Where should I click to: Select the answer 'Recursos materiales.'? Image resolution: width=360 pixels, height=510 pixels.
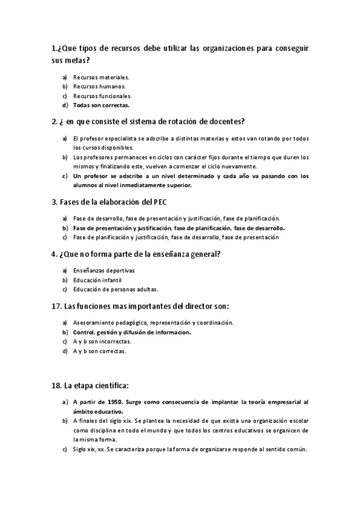coord(102,77)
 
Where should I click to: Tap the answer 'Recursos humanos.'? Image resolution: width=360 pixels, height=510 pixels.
coord(99,86)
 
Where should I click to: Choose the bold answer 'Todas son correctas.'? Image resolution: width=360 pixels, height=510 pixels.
coord(101,105)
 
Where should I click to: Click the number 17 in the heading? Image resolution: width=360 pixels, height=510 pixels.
coord(56,306)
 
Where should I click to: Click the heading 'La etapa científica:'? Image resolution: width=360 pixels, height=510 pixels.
coord(91,383)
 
